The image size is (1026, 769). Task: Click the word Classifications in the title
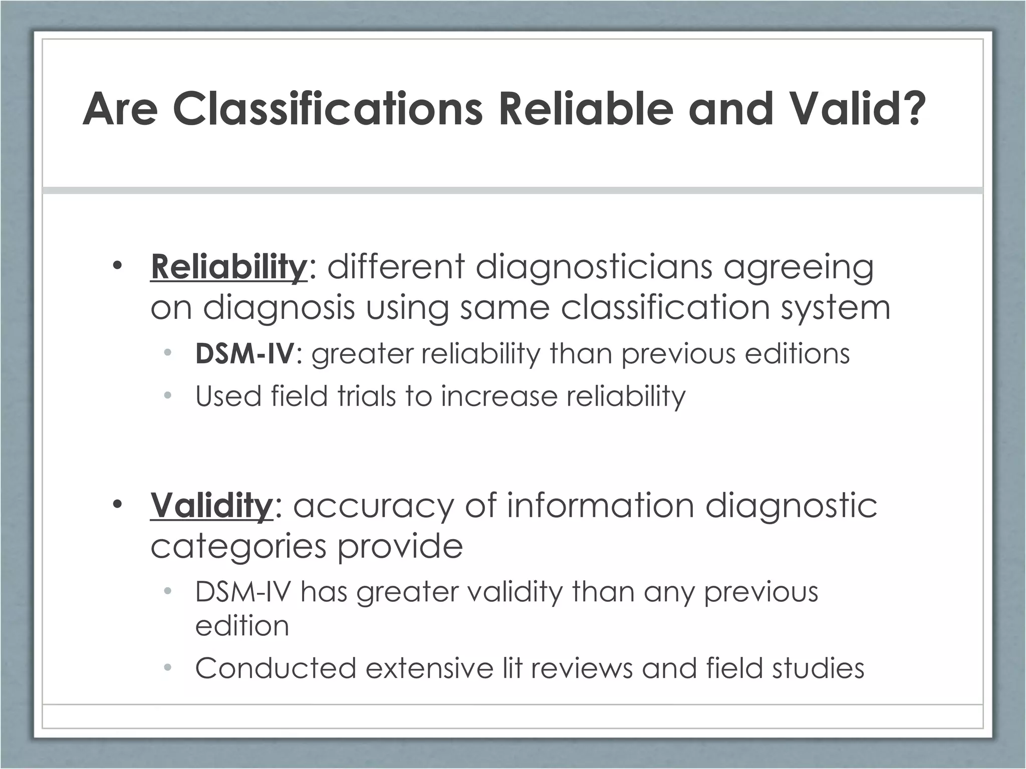(328, 109)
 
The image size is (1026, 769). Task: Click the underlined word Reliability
(228, 267)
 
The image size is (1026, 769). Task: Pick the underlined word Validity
(211, 506)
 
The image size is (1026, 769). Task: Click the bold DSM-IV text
(244, 354)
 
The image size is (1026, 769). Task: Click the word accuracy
(373, 506)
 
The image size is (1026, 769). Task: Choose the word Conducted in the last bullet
(276, 668)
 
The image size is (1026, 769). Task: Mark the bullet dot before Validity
(117, 504)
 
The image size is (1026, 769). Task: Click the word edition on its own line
(242, 626)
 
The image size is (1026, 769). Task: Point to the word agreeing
(799, 268)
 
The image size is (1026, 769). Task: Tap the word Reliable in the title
(586, 109)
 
